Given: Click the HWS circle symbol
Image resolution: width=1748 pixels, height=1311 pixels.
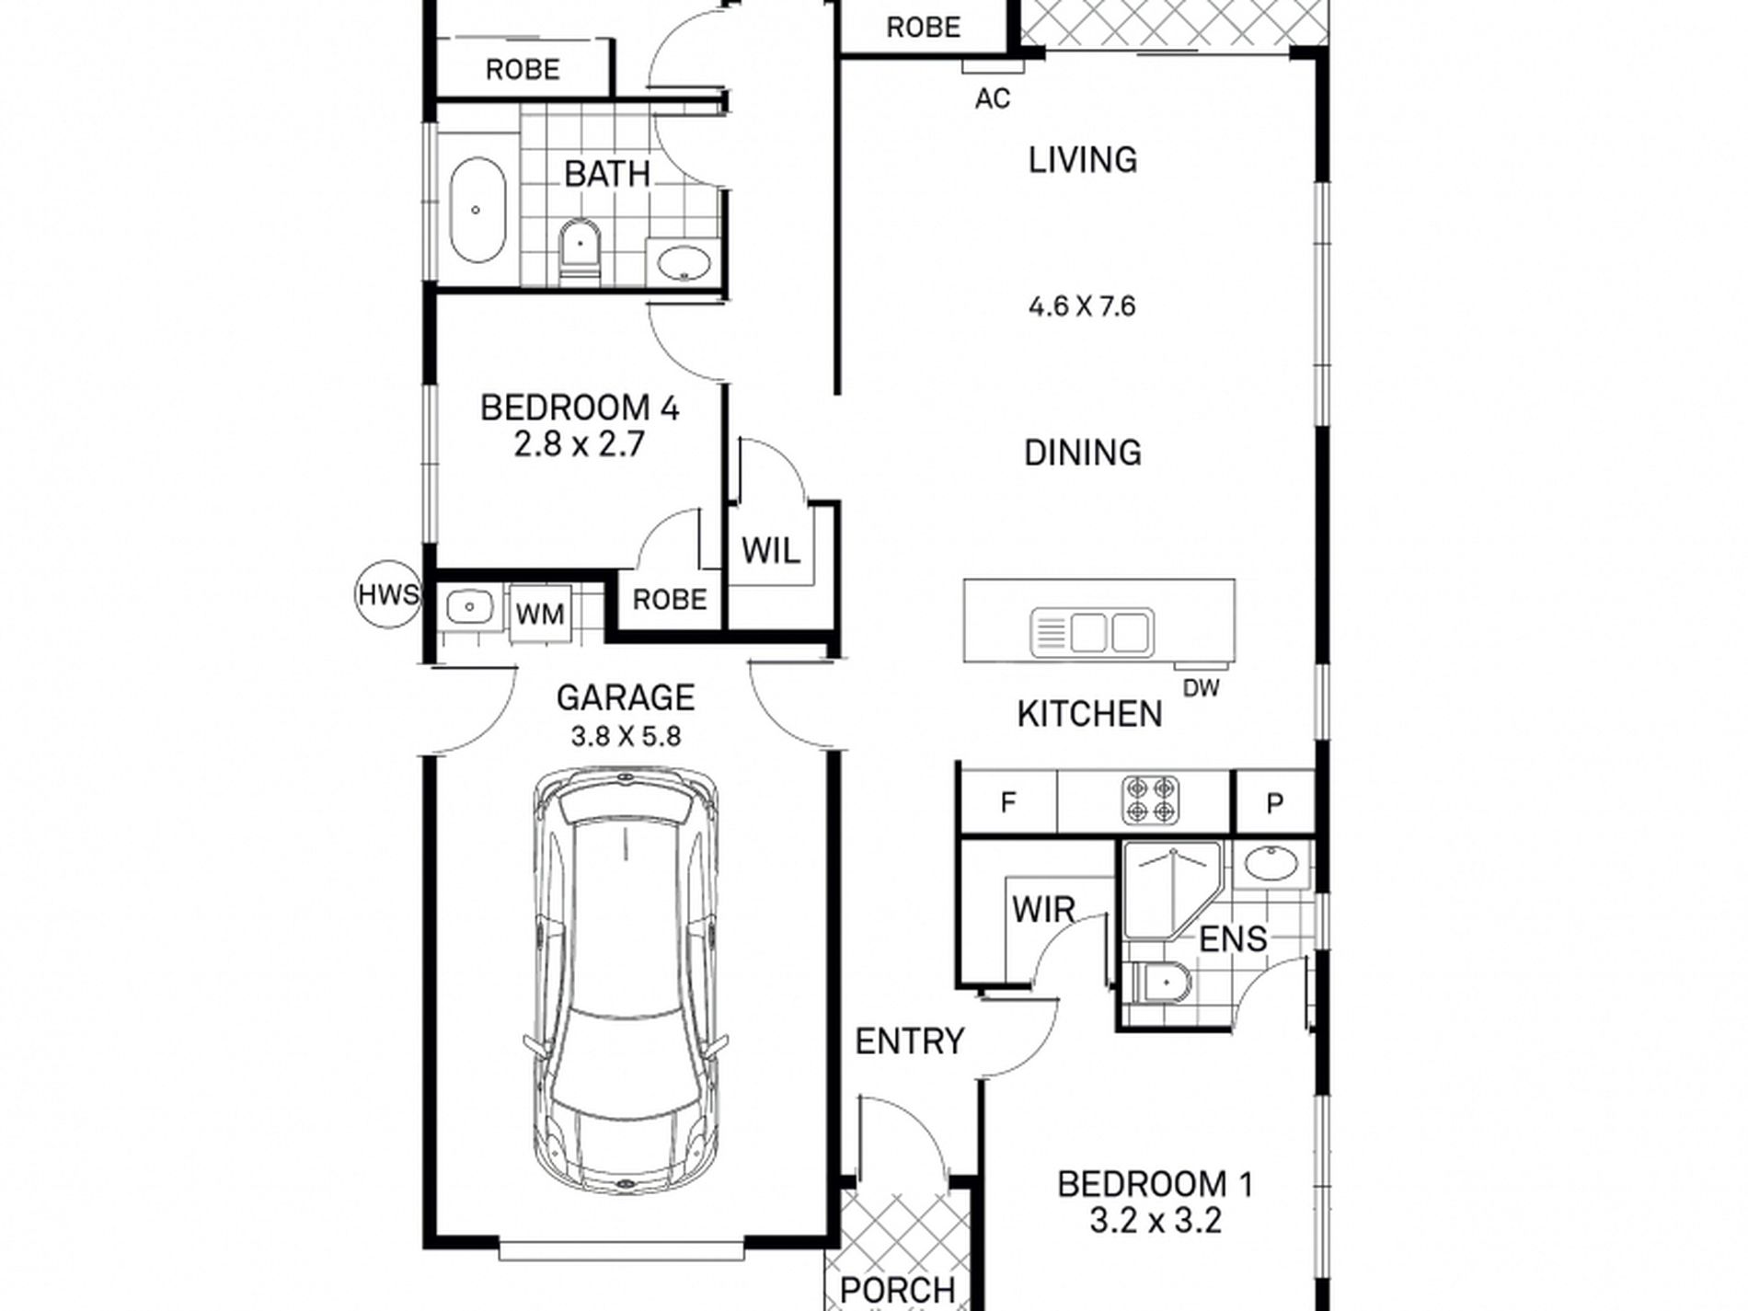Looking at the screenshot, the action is tap(387, 594).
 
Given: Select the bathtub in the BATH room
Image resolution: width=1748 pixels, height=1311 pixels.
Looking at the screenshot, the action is tap(477, 211).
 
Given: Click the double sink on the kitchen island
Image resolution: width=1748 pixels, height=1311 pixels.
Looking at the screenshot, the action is tap(1092, 632).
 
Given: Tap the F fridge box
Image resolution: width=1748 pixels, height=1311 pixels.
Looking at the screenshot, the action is tap(1007, 803).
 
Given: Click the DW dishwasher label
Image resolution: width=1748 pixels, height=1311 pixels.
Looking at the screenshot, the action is tap(1201, 687).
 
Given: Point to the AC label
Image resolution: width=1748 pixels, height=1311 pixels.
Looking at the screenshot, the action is tap(993, 98).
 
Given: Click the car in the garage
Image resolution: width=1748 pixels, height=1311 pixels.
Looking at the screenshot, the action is tap(626, 983).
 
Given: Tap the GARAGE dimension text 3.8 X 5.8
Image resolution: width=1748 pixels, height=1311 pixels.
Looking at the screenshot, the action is tap(626, 737).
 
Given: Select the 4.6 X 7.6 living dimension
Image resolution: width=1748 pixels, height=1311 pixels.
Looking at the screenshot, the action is tap(1082, 305).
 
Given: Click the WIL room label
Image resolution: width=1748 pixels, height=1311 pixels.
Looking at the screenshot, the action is tap(771, 551).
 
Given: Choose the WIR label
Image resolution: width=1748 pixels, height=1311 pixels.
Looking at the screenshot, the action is tap(1043, 910).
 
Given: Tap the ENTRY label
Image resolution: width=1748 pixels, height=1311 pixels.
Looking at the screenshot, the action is tap(909, 1041).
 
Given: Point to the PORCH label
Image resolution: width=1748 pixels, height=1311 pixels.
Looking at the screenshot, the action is tap(898, 1290).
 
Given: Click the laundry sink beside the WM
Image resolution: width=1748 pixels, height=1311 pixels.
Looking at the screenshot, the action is tap(470, 607).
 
